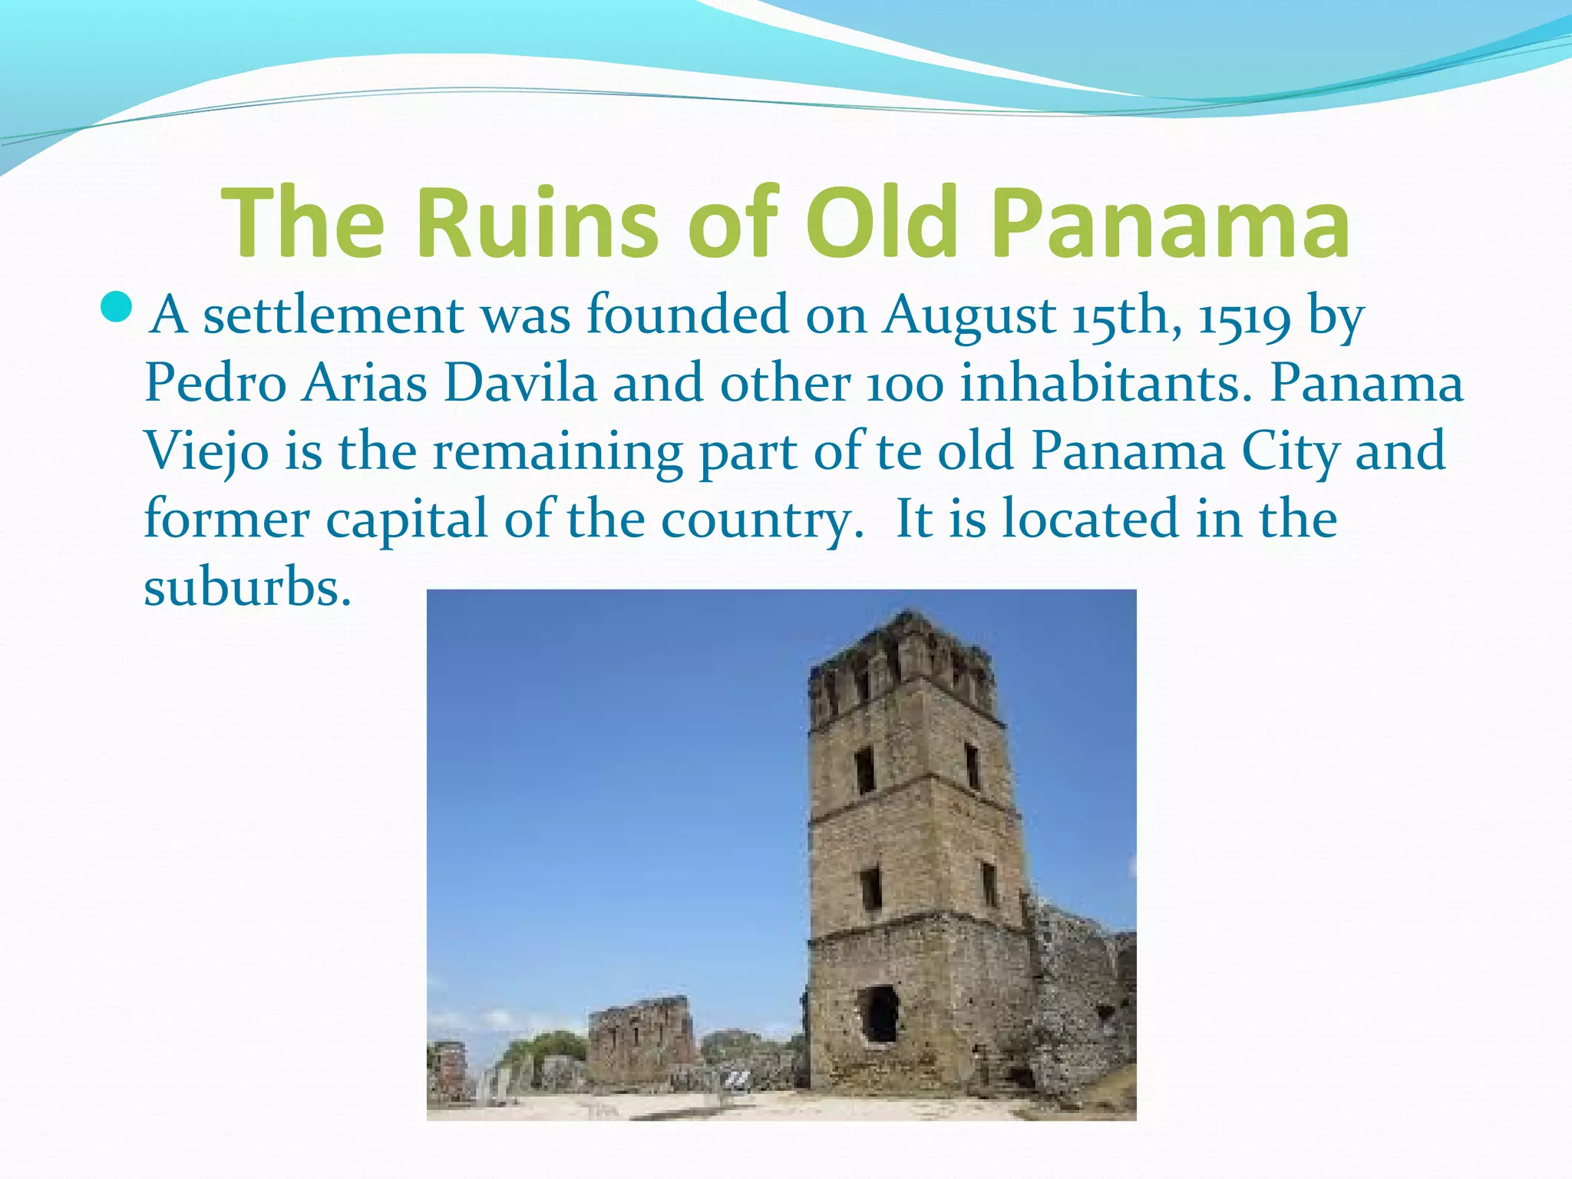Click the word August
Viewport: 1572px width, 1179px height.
point(969,316)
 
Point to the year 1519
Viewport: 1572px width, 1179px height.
point(1245,316)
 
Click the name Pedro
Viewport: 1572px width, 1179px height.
point(216,384)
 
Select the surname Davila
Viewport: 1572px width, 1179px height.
point(520,384)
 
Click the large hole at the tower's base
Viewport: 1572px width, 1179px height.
point(879,1014)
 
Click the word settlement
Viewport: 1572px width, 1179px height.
point(333,316)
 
